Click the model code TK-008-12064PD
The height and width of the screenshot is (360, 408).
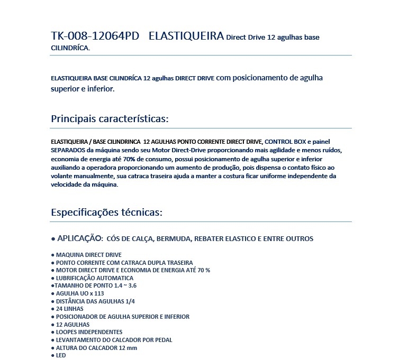click(95, 36)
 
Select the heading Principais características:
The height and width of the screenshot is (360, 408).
click(110, 118)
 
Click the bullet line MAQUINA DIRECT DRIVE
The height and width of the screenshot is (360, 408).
click(88, 255)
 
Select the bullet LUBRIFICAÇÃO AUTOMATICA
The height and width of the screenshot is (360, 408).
click(94, 278)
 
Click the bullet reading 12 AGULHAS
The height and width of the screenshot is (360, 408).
click(72, 325)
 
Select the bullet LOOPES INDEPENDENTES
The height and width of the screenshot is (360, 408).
click(89, 332)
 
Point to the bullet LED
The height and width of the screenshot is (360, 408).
click(60, 355)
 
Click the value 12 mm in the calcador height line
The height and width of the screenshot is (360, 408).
click(129, 348)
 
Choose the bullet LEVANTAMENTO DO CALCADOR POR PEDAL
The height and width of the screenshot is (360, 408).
click(114, 340)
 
